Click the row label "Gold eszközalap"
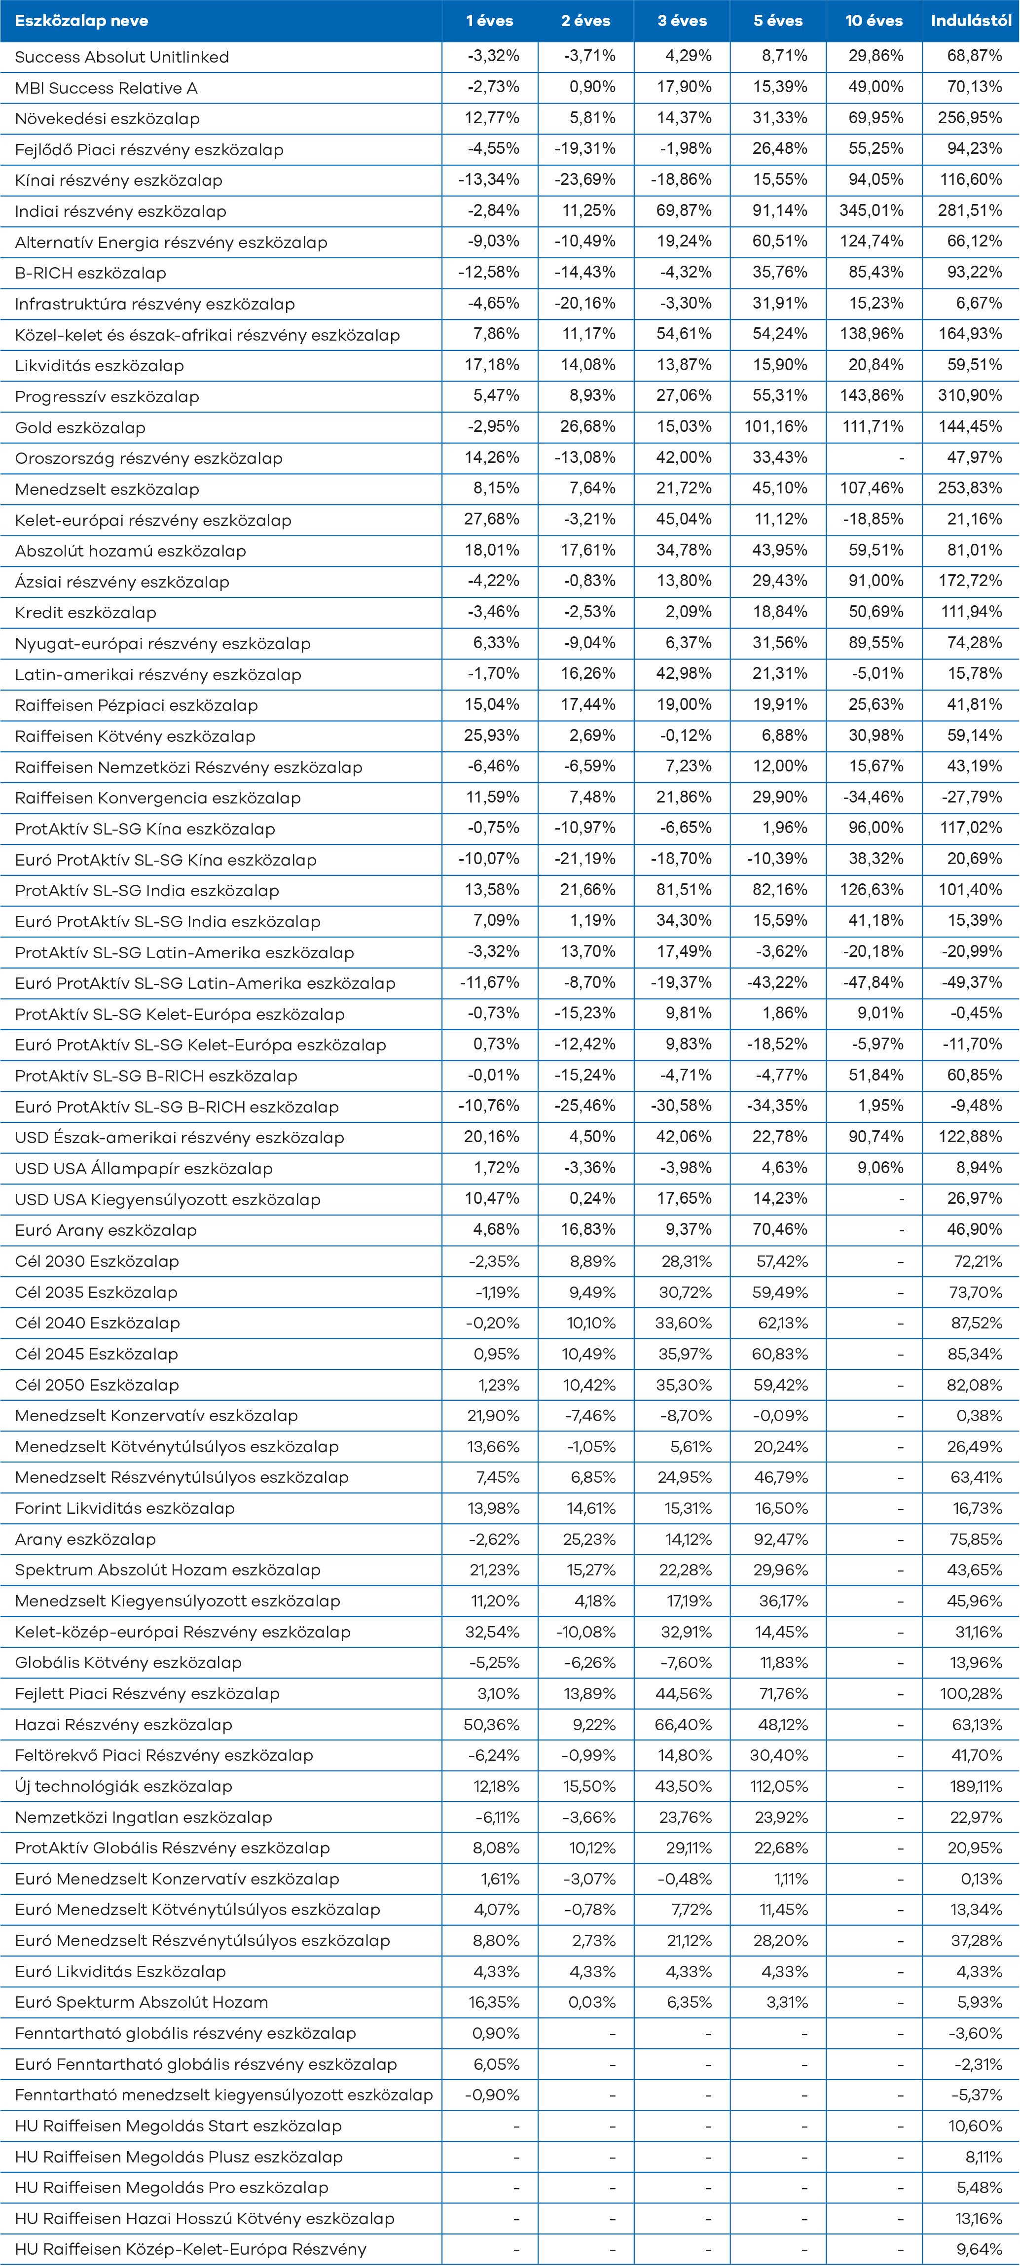click(x=80, y=427)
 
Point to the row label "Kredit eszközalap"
click(x=85, y=612)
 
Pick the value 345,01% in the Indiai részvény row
click(x=871, y=210)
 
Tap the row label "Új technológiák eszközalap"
click(x=123, y=1786)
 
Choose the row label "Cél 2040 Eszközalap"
click(x=97, y=1323)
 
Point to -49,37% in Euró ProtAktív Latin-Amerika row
click(x=973, y=982)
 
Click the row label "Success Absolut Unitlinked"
click(x=121, y=57)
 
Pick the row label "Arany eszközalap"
click(x=85, y=1539)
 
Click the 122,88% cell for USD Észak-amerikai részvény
click(x=970, y=1137)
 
